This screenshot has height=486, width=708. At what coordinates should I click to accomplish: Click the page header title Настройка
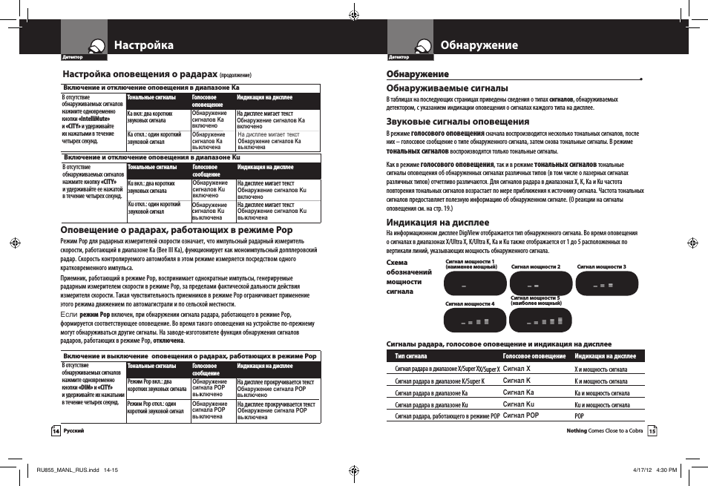[x=144, y=45]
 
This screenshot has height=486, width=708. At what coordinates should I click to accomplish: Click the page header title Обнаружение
[x=479, y=45]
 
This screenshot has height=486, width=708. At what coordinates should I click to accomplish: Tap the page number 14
[x=55, y=431]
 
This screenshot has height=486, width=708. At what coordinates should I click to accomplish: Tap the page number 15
[x=652, y=431]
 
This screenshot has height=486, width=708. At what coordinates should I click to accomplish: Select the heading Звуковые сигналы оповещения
[x=458, y=122]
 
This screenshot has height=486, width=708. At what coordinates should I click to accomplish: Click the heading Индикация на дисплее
[x=438, y=222]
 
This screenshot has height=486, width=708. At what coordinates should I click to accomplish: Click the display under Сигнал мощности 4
[x=475, y=321]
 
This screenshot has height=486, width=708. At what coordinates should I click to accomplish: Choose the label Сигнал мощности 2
[x=536, y=267]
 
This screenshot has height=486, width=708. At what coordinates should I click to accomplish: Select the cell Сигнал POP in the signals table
[x=521, y=416]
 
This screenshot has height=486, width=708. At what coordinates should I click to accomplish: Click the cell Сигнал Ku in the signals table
[x=519, y=404]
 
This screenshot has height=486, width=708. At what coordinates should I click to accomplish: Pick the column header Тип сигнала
[x=410, y=356]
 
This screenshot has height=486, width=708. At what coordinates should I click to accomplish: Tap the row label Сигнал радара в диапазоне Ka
[x=431, y=393]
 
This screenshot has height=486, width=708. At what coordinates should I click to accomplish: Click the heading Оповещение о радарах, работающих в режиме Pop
[x=177, y=230]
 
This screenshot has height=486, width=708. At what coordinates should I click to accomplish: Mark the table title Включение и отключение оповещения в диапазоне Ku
[x=152, y=157]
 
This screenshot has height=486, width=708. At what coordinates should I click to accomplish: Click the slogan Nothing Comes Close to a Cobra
[x=604, y=431]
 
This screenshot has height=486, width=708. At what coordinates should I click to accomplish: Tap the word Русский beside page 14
[x=73, y=431]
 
